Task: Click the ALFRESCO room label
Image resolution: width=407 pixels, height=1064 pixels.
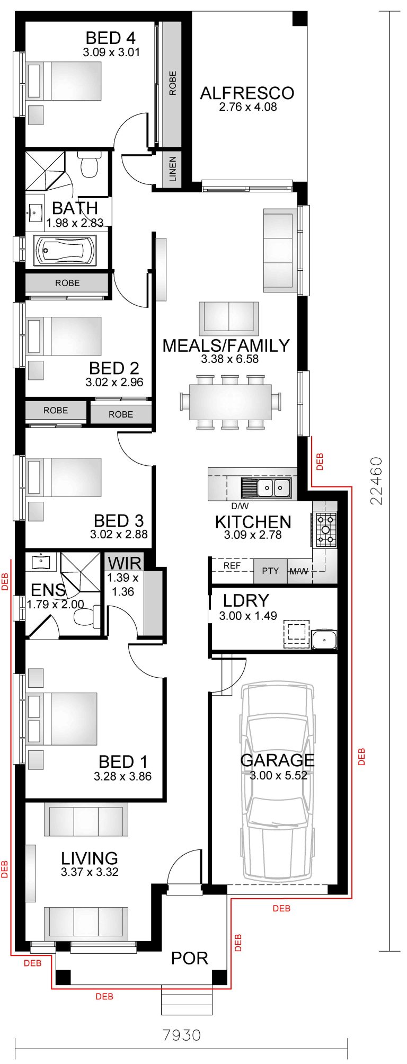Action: pyautogui.click(x=247, y=93)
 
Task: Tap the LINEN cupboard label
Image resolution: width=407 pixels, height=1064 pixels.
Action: pyautogui.click(x=172, y=169)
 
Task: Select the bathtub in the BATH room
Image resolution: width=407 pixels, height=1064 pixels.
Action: pyautogui.click(x=65, y=250)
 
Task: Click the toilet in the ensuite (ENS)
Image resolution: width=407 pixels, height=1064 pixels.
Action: pyautogui.click(x=84, y=616)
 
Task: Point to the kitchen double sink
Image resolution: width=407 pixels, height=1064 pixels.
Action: pyautogui.click(x=272, y=487)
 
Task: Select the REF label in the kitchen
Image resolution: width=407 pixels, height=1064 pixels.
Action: pyautogui.click(x=232, y=565)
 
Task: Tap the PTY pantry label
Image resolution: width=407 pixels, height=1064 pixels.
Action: pyautogui.click(x=270, y=571)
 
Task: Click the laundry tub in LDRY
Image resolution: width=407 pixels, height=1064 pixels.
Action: pyautogui.click(x=324, y=640)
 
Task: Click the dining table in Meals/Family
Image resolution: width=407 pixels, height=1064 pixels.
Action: pyautogui.click(x=231, y=402)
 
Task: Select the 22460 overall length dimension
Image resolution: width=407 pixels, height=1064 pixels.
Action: pyautogui.click(x=376, y=481)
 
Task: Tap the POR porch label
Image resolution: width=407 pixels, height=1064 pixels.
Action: pyautogui.click(x=189, y=958)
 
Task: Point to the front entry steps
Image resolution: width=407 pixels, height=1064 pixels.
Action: pyautogui.click(x=187, y=1000)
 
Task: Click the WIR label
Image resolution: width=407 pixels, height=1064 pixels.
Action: pyautogui.click(x=125, y=563)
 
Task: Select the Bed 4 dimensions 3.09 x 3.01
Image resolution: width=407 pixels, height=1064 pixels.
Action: pyautogui.click(x=111, y=52)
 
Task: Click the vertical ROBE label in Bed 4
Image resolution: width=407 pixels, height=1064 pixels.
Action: pyautogui.click(x=172, y=83)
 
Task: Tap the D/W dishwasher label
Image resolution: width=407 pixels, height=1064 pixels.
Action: pyautogui.click(x=240, y=506)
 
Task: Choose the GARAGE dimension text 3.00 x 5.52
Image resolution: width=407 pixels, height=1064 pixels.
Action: pyautogui.click(x=278, y=775)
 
